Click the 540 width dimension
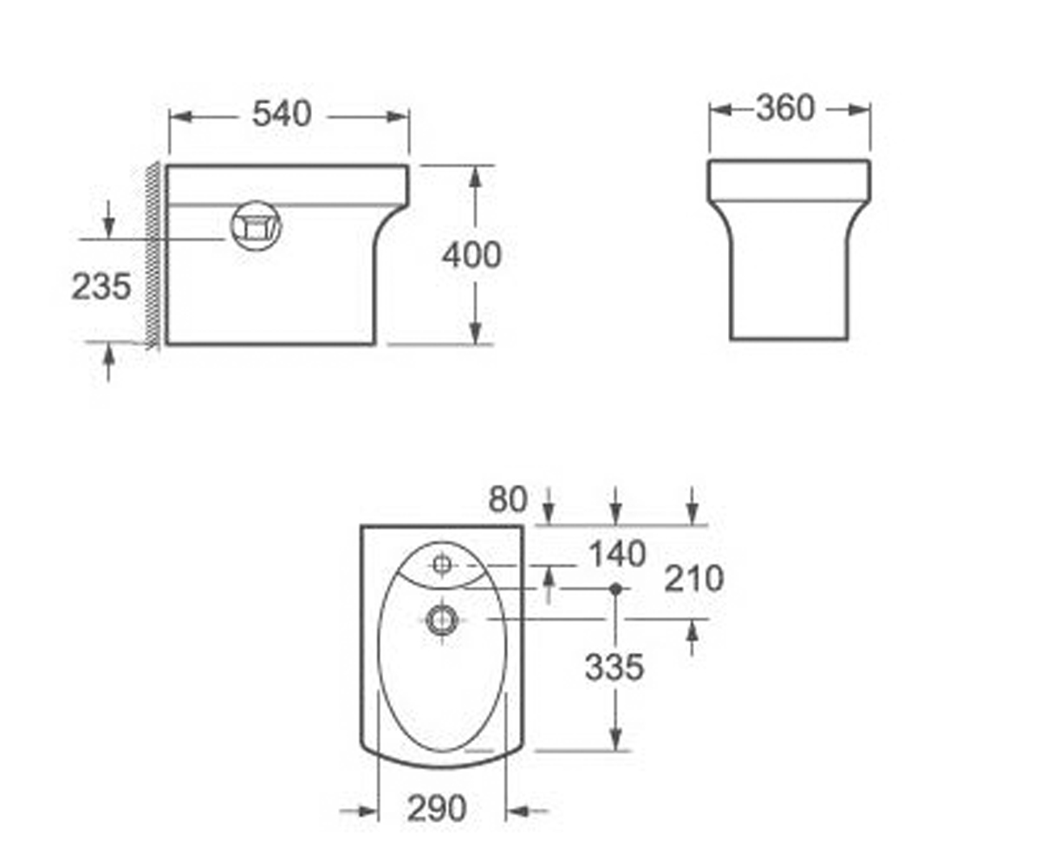pyautogui.click(x=282, y=114)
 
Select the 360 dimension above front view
pyautogui.click(x=785, y=108)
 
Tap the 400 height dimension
pyautogui.click(x=471, y=255)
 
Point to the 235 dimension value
pyautogui.click(x=101, y=287)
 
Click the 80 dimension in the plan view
pyautogui.click(x=508, y=499)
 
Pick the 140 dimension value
pyautogui.click(x=618, y=554)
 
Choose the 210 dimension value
pyautogui.click(x=694, y=579)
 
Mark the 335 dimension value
pyautogui.click(x=614, y=668)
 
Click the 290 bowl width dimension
pyautogui.click(x=437, y=808)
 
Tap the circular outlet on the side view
pyautogui.click(x=256, y=225)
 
